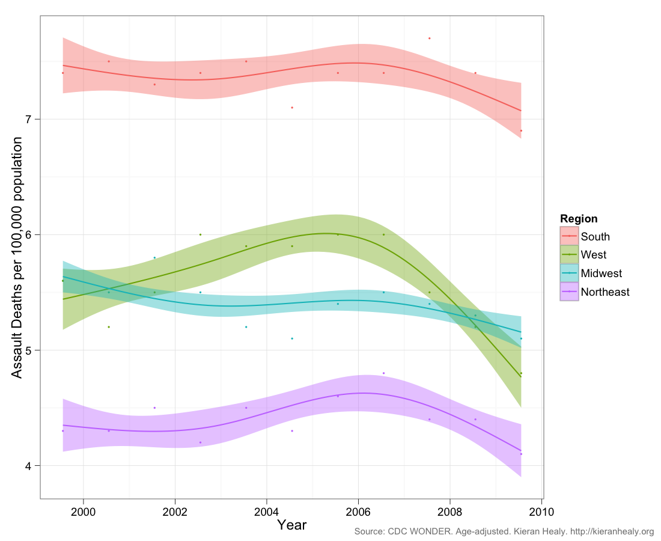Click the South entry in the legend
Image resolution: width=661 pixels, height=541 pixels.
tap(595, 237)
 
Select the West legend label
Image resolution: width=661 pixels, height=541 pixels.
tap(593, 255)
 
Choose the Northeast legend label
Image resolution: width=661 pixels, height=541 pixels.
tap(605, 292)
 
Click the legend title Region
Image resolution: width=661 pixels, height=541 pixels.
tap(578, 219)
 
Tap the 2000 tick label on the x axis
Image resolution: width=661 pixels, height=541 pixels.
tap(83, 511)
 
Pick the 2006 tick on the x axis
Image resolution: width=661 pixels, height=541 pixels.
tap(358, 511)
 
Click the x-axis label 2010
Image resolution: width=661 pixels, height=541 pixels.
tap(541, 511)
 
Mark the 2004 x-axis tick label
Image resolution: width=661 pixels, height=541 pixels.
tap(266, 511)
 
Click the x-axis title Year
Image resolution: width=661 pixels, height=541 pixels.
tap(292, 525)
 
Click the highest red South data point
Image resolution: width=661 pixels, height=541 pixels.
tap(430, 38)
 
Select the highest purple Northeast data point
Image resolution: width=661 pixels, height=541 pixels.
tap(383, 373)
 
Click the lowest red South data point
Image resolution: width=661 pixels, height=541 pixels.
tap(521, 130)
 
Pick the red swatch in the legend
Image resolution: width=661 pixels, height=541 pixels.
tap(569, 237)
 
